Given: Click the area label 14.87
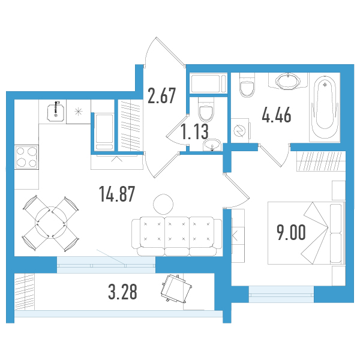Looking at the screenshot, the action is tap(117, 194).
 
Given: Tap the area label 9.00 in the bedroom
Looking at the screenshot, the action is tap(291, 232).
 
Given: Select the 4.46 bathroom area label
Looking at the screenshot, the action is tap(277, 115).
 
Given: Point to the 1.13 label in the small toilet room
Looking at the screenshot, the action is tap(194, 131).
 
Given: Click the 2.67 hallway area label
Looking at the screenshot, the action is tap(161, 95).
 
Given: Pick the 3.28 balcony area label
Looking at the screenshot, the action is tap(122, 292).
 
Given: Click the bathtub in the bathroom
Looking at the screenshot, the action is tap(325, 107).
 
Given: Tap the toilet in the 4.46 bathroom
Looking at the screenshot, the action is tap(247, 85).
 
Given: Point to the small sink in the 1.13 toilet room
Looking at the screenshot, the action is tap(212, 145).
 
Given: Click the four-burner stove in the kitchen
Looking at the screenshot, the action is tap(26, 157).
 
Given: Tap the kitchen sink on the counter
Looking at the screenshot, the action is tap(56, 112).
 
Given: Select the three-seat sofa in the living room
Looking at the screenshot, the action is tap(177, 236).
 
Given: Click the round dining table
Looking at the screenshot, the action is tap(51, 222).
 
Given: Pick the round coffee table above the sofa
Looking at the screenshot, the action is tap(163, 204).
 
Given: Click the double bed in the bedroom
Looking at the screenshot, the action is tap(307, 233).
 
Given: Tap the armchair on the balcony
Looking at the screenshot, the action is tap(176, 288).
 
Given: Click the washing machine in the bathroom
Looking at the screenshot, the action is tap(241, 131).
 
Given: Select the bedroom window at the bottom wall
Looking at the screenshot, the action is tap(281, 294).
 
